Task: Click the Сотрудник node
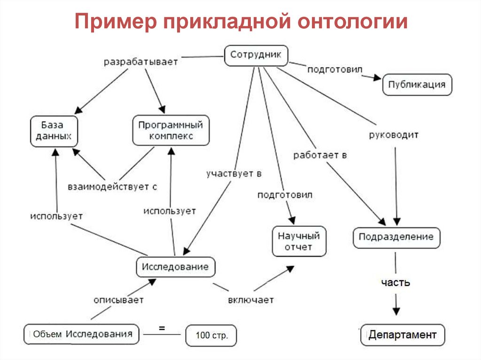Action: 256,55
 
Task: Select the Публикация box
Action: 417,85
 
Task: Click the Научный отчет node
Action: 298,241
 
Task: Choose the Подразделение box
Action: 396,237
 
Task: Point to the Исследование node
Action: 175,267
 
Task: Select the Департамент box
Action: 403,335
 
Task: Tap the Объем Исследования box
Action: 82,335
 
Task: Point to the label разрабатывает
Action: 141,61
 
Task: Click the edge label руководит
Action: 394,135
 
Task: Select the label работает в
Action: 320,155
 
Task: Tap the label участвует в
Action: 233,174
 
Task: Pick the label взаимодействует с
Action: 112,186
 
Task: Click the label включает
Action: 251,299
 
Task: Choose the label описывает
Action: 118,299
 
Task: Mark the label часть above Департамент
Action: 396,283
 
